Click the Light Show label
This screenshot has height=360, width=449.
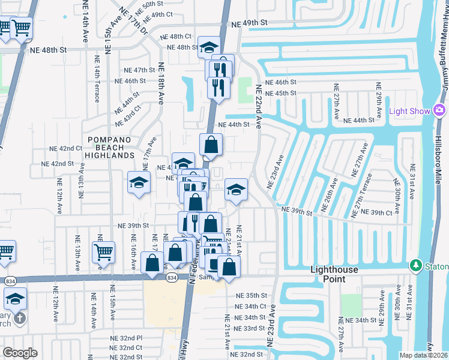(x=410, y=111)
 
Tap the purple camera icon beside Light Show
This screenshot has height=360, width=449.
(x=439, y=110)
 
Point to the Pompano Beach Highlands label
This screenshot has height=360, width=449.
(x=110, y=148)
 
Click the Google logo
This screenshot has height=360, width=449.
(x=20, y=353)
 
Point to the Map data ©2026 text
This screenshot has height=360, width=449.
(x=423, y=355)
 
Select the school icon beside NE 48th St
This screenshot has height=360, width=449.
(x=209, y=47)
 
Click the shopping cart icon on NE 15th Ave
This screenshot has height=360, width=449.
(x=104, y=252)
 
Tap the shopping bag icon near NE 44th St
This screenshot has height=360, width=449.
(x=211, y=145)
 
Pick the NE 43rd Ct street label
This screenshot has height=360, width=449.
(x=129, y=116)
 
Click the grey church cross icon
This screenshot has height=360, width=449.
(x=20, y=319)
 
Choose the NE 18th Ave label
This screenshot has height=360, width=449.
(x=161, y=83)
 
